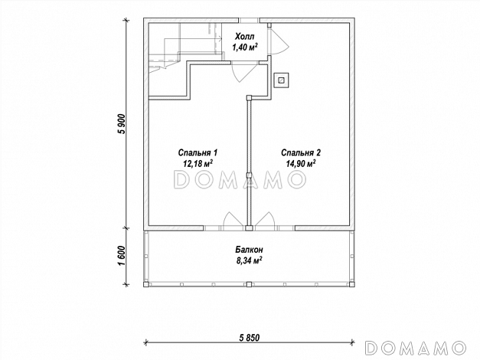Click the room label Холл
pyautogui.click(x=244, y=37)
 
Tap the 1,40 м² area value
pyautogui.click(x=244, y=47)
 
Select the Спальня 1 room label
pyautogui.click(x=198, y=152)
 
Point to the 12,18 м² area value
pyautogui.click(x=198, y=163)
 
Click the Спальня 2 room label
pyautogui.click(x=301, y=152)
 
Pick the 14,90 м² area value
pyautogui.click(x=301, y=163)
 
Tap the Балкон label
pyautogui.click(x=249, y=250)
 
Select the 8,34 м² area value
pyautogui.click(x=249, y=260)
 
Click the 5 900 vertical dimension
pyautogui.click(x=122, y=124)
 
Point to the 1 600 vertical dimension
pyautogui.click(x=122, y=256)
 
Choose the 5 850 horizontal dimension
pyautogui.click(x=249, y=338)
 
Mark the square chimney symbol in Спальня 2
pyautogui.click(x=281, y=80)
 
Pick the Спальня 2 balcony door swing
pyautogui.click(x=265, y=221)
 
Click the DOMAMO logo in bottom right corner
pyautogui.click(x=416, y=348)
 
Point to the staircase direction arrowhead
pyautogui.click(x=220, y=38)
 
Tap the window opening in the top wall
pyautogui.click(x=249, y=21)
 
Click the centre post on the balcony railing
pyautogui.click(x=249, y=284)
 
